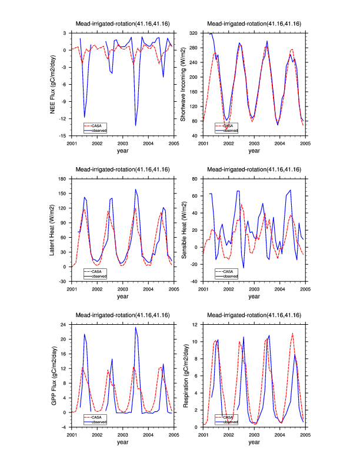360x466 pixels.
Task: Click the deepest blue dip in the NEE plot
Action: (x=136, y=125)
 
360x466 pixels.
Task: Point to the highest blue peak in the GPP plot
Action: (x=136, y=327)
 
